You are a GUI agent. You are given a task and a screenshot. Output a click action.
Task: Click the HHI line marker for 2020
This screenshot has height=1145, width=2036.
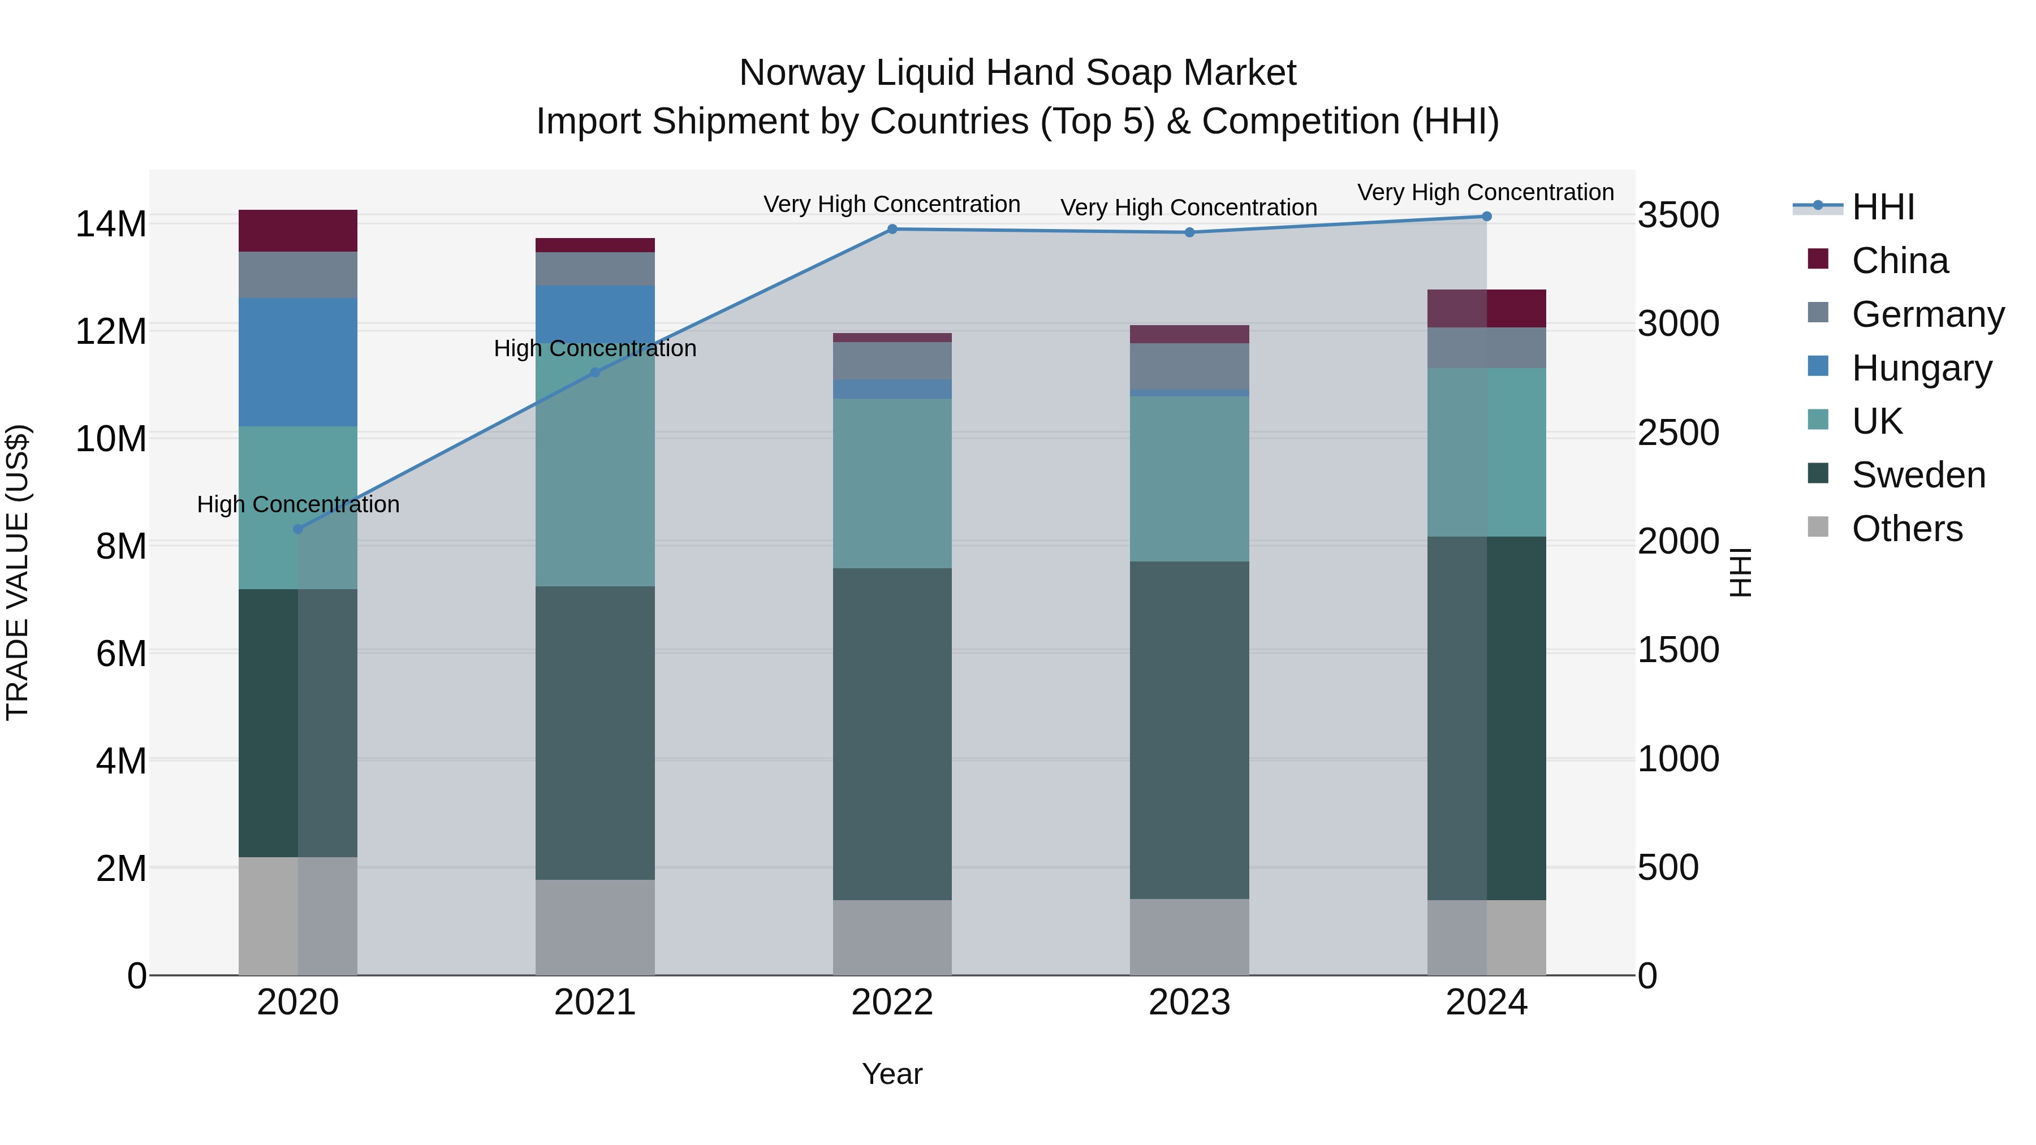coord(298,529)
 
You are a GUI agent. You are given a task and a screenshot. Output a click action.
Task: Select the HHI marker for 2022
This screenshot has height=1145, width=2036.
coord(892,229)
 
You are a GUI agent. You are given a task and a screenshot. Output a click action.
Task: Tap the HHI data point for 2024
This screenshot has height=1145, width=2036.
coord(1487,217)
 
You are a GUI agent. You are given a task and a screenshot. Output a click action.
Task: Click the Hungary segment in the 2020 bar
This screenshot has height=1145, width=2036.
coord(298,362)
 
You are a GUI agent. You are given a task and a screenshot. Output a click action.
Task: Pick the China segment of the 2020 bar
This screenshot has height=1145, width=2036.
coord(298,231)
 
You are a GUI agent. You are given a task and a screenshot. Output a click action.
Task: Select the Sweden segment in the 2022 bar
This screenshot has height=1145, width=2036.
coord(892,733)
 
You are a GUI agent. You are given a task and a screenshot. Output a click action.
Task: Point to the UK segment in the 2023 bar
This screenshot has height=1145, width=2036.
coord(1189,479)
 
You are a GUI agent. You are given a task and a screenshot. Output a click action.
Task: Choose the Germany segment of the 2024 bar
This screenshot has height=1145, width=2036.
coord(1487,348)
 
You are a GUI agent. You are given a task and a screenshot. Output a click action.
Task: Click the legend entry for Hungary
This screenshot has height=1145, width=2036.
coord(1921,368)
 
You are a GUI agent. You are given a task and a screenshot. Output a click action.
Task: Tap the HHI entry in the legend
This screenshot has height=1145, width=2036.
coord(1883,207)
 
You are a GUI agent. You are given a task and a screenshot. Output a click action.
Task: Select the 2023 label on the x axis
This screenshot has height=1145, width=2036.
coord(1189,1003)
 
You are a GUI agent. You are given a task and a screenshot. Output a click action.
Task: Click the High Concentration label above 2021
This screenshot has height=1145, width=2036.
coord(595,348)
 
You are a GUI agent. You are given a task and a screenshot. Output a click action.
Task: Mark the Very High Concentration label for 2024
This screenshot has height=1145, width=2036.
coord(1485,193)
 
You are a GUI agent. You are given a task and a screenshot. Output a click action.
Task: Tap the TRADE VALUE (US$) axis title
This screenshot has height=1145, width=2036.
coord(18,572)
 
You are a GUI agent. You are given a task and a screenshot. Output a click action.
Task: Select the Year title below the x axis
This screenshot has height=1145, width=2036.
coord(892,1074)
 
